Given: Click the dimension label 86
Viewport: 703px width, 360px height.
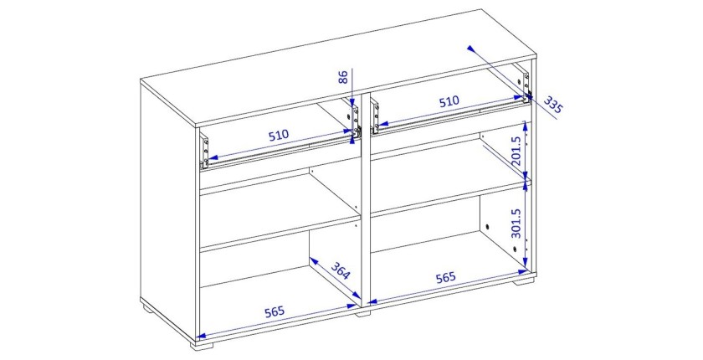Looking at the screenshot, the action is click(x=343, y=77).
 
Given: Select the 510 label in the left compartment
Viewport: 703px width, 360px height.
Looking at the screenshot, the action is click(x=280, y=135).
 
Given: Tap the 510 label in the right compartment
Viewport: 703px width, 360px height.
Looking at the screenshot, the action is click(x=449, y=101).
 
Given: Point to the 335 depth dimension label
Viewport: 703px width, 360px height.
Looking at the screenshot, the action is click(x=553, y=105).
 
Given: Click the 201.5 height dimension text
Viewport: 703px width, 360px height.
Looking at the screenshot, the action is click(x=516, y=151).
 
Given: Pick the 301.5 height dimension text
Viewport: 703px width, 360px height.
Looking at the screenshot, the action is click(x=516, y=223).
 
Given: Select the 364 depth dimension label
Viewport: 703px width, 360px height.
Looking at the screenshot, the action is click(x=341, y=270).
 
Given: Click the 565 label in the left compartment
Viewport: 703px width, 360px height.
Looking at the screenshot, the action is click(x=275, y=311).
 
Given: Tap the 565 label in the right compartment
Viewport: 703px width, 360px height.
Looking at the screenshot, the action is click(x=445, y=277).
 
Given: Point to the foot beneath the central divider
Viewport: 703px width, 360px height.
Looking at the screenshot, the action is click(x=363, y=313).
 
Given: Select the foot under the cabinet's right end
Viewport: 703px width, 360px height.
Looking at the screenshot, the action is click(x=525, y=282).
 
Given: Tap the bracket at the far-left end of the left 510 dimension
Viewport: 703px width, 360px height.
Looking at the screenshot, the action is click(x=205, y=151).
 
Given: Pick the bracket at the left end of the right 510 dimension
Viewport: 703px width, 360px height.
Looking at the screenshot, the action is click(x=375, y=116).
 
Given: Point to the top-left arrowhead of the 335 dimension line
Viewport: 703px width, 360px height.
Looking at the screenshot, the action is click(x=470, y=49).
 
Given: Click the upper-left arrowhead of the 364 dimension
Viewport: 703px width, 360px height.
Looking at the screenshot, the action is click(x=313, y=261).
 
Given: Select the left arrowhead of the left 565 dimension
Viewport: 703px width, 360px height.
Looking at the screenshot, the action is click(x=202, y=335).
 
